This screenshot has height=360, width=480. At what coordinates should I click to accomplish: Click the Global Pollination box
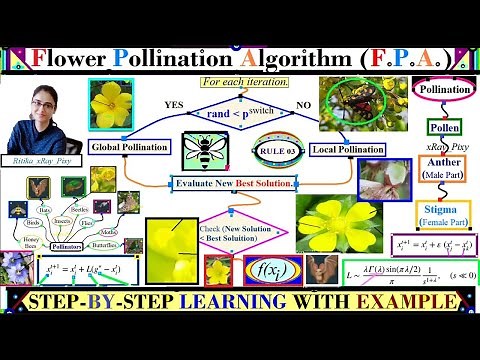point(132,148)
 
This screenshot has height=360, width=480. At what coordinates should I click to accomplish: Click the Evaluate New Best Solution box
point(233,184)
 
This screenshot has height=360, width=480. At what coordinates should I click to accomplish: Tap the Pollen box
point(444,129)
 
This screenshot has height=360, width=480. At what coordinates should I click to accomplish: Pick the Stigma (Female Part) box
point(444,214)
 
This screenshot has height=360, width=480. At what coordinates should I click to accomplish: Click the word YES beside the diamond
point(173,104)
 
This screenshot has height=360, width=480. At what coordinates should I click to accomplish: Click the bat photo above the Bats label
point(37,187)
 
